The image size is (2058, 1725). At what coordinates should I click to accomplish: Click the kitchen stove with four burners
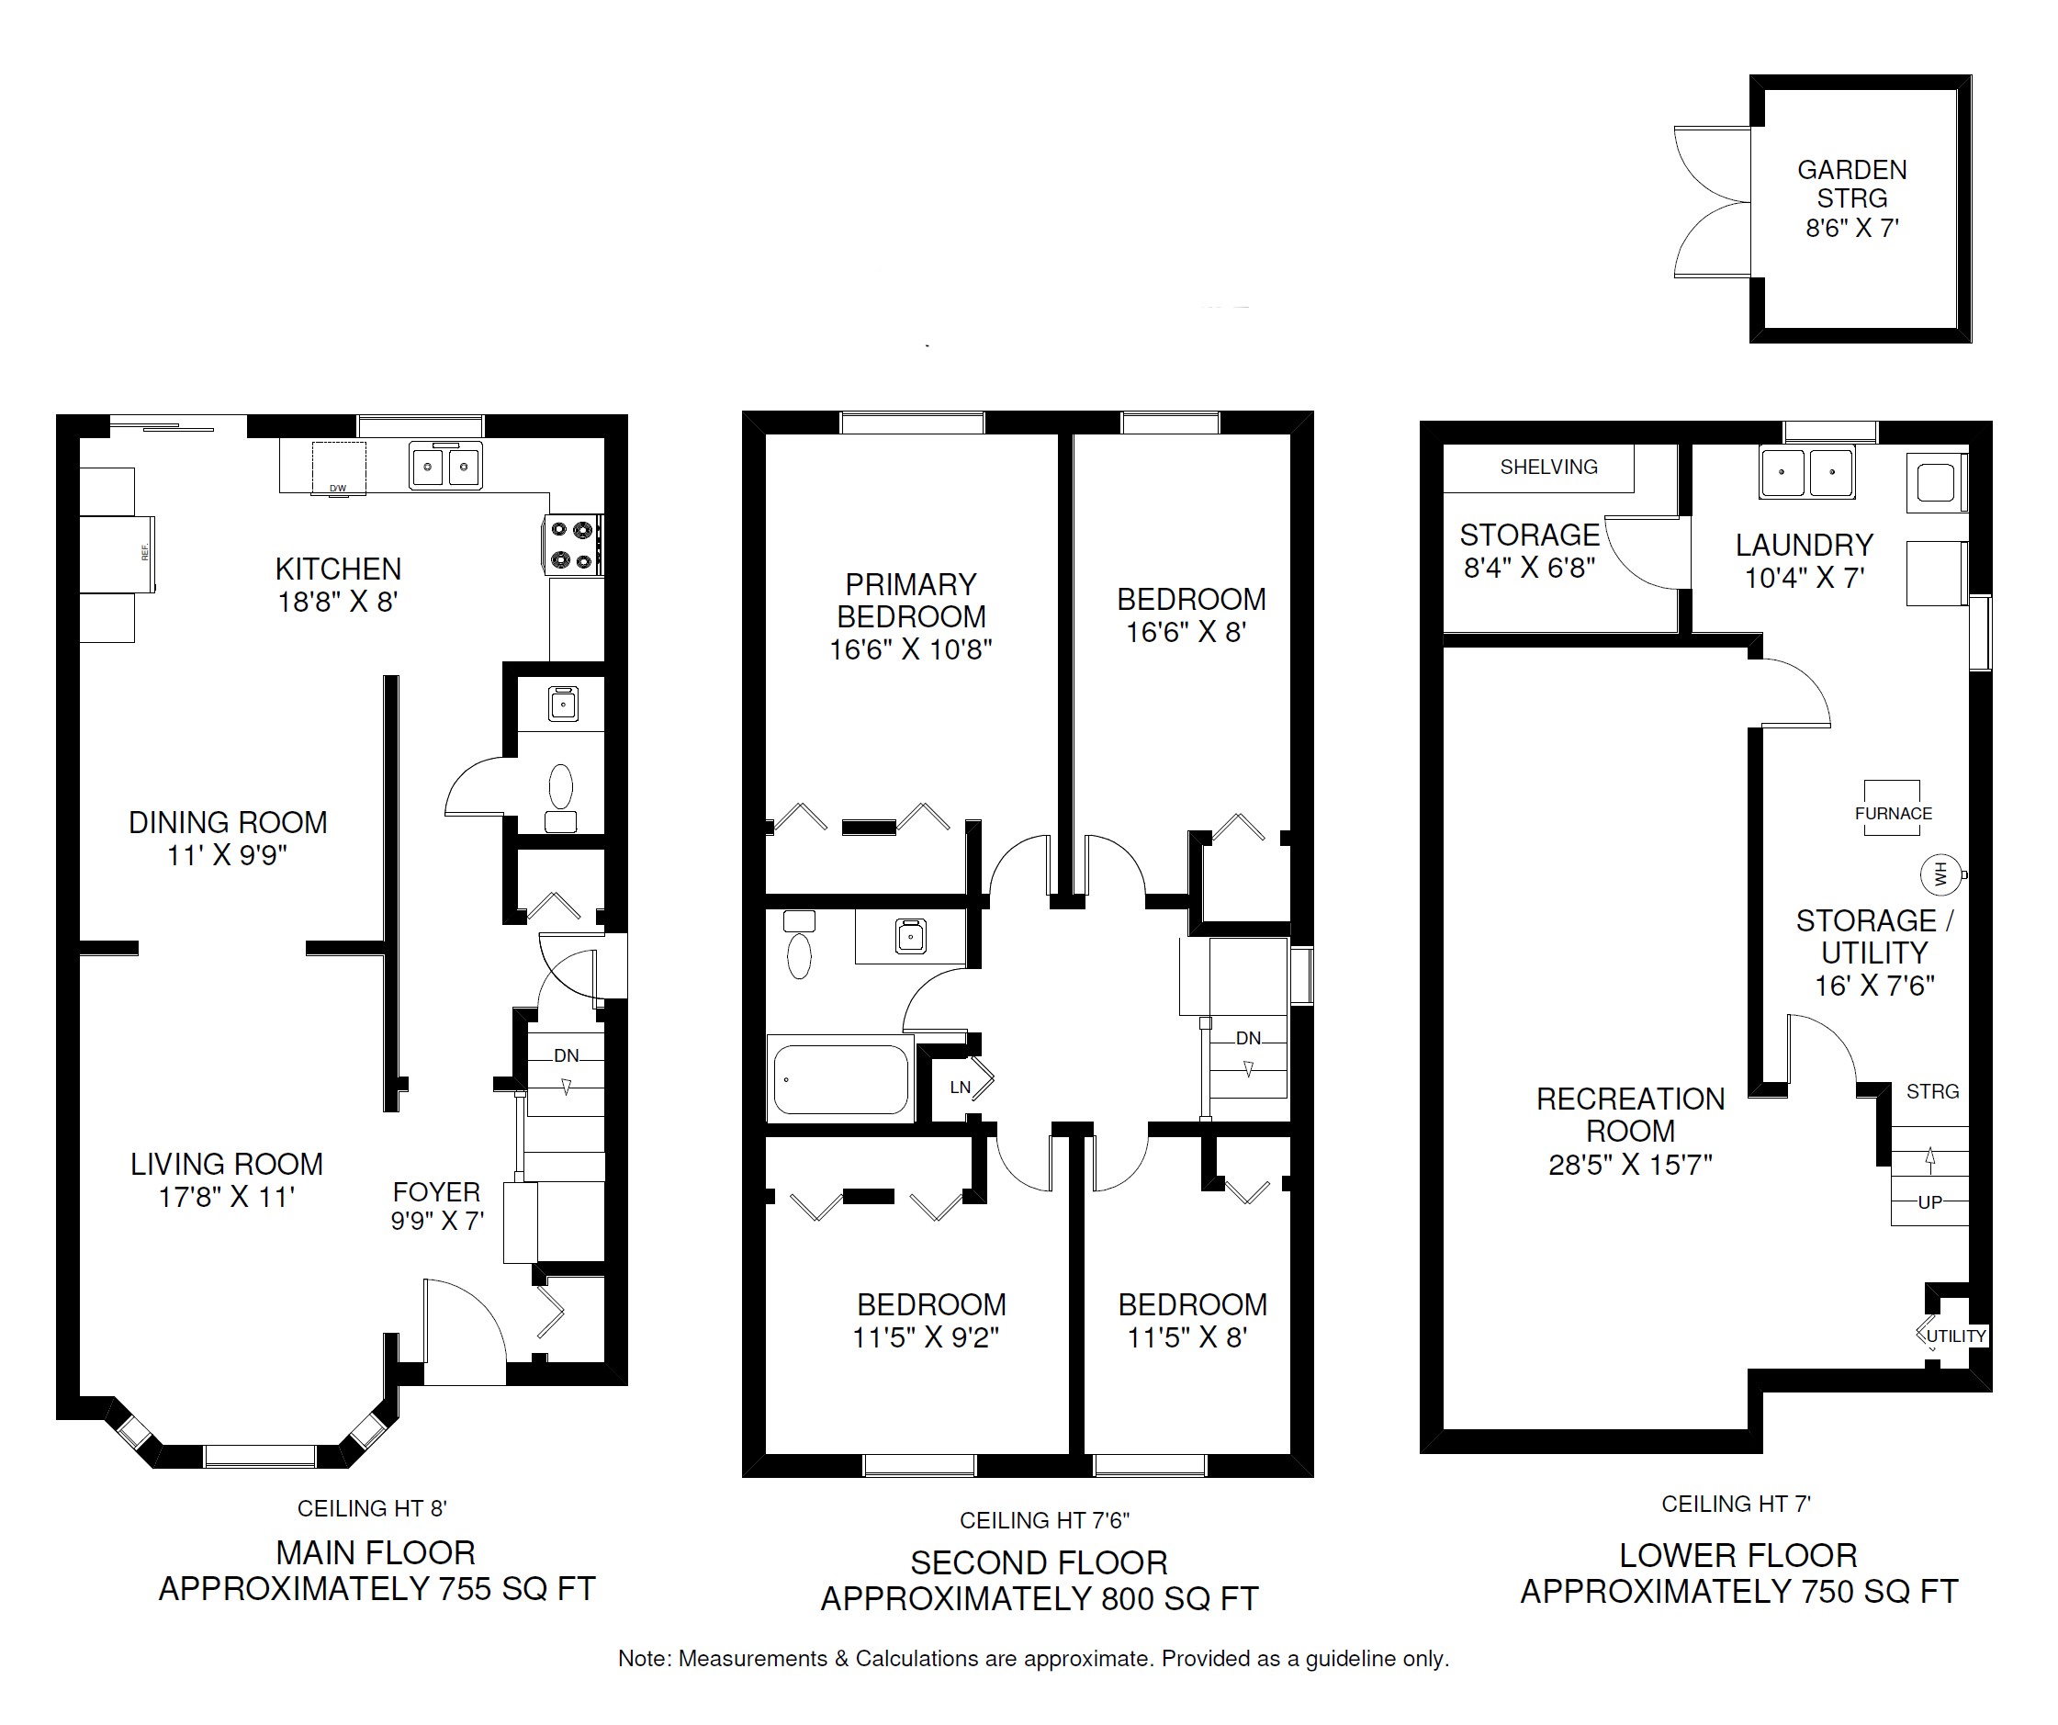click(573, 545)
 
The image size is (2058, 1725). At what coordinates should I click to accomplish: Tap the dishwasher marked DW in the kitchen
click(339, 468)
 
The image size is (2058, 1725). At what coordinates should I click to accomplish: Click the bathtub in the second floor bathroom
click(841, 1079)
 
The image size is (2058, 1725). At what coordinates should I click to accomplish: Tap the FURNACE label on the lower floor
click(1894, 814)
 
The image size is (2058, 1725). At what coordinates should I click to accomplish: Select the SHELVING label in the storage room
click(1548, 468)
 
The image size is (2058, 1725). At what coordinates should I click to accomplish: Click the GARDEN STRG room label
click(1852, 184)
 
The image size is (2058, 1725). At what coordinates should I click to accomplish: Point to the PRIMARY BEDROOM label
click(911, 600)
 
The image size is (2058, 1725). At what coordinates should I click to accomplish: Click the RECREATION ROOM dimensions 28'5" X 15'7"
click(1631, 1165)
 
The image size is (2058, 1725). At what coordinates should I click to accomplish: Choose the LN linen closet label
click(961, 1087)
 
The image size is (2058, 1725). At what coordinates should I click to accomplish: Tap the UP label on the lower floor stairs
click(1929, 1201)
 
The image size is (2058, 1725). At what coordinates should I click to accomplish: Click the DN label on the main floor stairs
click(567, 1055)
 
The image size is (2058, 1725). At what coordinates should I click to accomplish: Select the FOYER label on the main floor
click(437, 1192)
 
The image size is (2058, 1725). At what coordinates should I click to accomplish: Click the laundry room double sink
click(1807, 472)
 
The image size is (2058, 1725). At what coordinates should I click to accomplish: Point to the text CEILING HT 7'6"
click(1045, 1520)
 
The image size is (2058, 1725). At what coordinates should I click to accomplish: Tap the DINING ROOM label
click(229, 822)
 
